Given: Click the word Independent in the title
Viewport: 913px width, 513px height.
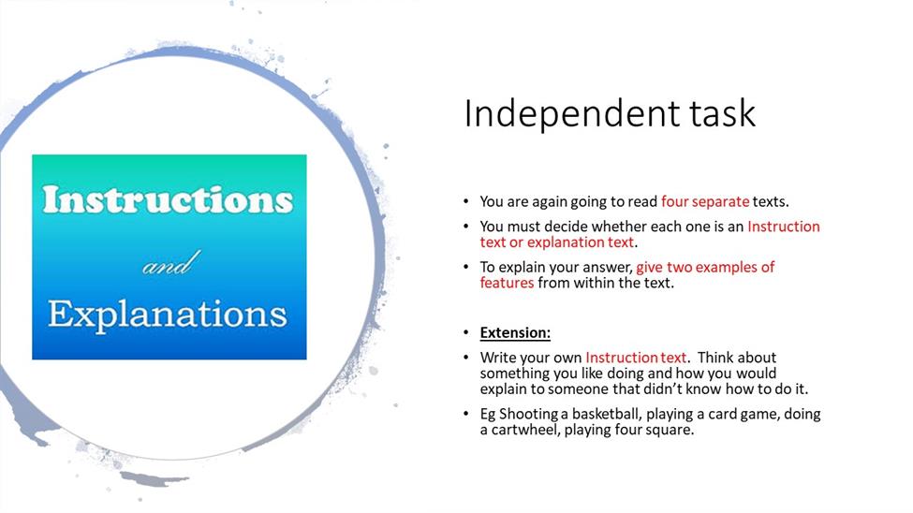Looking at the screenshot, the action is pos(572,113).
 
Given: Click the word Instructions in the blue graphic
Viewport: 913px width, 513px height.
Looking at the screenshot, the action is pos(168,199).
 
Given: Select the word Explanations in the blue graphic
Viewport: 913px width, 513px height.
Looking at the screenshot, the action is pos(168,315).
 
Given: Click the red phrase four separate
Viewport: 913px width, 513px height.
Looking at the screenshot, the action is pos(705,201).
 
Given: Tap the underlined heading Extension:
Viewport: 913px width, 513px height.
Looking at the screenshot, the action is pos(515,332).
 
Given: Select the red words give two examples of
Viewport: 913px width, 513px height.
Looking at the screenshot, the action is pos(705,268).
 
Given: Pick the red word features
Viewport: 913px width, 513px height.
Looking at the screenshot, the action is pos(507,283).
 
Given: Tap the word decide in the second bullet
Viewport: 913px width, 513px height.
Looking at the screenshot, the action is pos(566,227).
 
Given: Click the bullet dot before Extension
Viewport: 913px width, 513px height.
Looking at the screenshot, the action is pos(465,333).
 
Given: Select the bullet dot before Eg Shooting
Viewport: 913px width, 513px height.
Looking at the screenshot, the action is pos(465,414).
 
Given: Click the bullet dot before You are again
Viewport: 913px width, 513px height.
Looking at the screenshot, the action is pos(465,201).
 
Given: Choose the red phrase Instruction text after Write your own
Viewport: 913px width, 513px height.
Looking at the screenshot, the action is pos(636,358).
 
